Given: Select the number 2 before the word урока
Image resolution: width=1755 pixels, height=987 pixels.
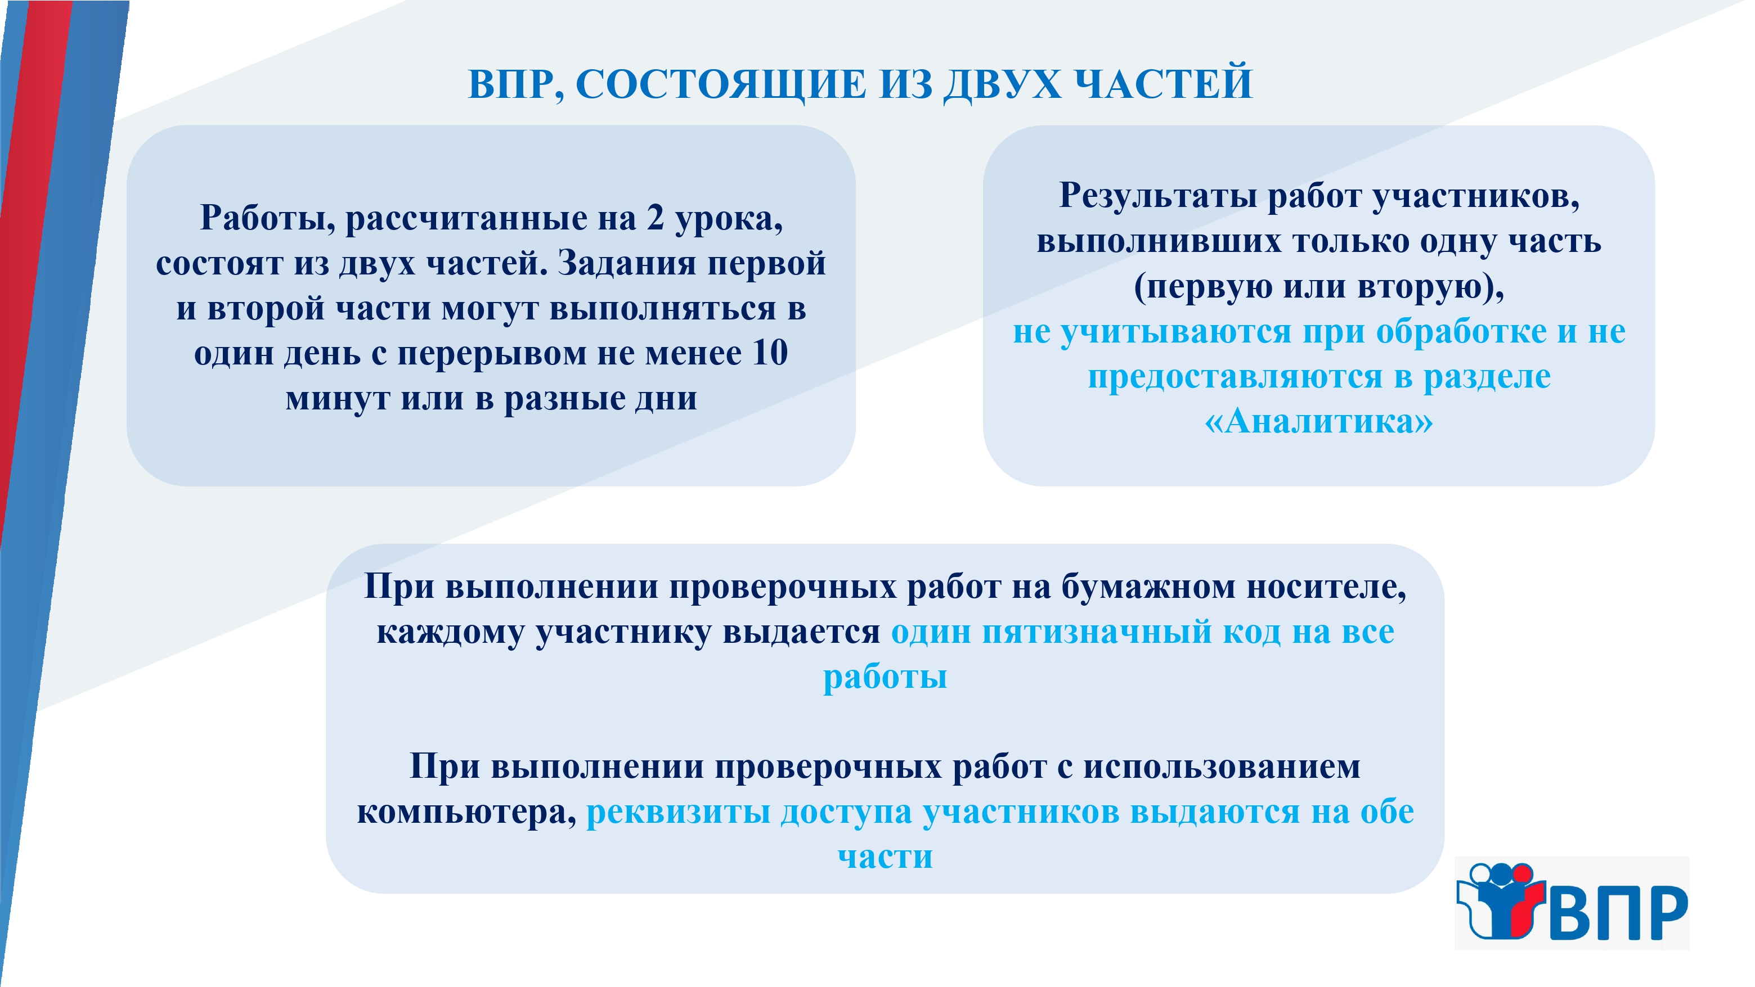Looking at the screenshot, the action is tap(656, 218).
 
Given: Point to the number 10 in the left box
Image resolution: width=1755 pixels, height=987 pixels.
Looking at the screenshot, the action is tap(770, 353).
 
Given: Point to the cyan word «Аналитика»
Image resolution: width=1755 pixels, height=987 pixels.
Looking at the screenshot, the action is tap(1318, 422).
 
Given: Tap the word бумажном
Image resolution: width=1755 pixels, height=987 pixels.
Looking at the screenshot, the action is tap(1148, 587).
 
